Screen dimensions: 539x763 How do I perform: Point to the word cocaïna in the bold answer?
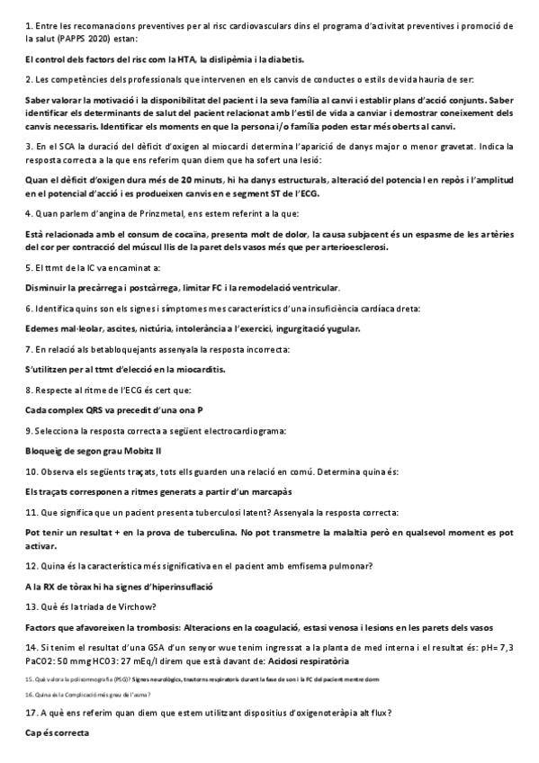pyautogui.click(x=169, y=233)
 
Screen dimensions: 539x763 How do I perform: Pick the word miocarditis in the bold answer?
pyautogui.click(x=194, y=369)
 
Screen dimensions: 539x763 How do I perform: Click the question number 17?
pyautogui.click(x=31, y=714)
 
